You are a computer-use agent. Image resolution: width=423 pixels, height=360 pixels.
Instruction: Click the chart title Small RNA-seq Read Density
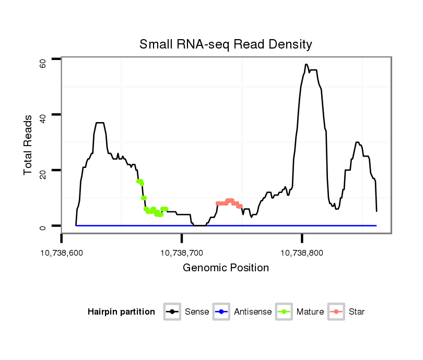[226, 44]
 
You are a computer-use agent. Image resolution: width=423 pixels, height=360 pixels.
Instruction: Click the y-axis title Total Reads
[29, 145]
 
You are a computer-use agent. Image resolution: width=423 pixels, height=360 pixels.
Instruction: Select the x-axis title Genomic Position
[226, 268]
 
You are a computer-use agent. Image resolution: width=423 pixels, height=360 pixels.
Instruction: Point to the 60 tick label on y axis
[43, 63]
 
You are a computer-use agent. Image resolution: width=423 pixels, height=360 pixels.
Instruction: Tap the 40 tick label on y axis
[43, 118]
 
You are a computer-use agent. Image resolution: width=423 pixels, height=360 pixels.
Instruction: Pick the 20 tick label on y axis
[43, 174]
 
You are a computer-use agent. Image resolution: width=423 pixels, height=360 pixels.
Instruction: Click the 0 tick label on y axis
[43, 227]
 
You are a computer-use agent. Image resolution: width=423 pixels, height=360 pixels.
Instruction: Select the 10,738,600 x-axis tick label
[62, 253]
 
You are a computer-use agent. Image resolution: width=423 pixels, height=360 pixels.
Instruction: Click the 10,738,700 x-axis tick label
[182, 253]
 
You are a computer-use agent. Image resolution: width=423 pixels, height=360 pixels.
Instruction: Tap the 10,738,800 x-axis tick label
[302, 253]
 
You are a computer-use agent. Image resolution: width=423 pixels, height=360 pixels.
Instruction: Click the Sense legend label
[196, 312]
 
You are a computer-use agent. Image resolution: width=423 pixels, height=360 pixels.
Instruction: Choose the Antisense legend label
[253, 312]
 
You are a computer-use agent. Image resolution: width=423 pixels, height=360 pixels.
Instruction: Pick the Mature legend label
[310, 312]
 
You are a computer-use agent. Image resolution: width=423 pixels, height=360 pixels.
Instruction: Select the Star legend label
[356, 312]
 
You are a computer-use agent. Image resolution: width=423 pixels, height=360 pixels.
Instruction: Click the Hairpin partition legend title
[121, 312]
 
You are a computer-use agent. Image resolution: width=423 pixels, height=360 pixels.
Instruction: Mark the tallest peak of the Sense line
[307, 65]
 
